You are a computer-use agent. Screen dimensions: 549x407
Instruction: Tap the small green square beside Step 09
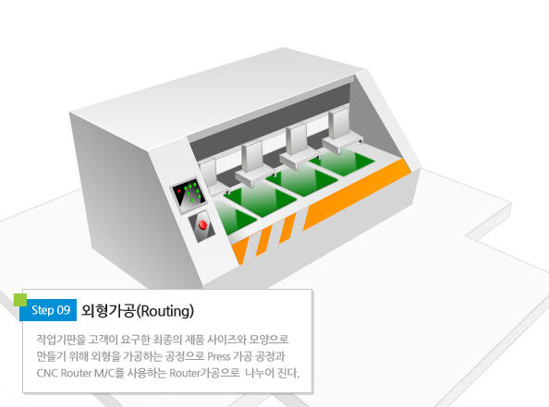pyautogui.click(x=20, y=300)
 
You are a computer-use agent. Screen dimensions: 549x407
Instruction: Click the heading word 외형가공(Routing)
pyautogui.click(x=137, y=310)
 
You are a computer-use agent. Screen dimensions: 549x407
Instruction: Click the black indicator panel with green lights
pyautogui.click(x=189, y=195)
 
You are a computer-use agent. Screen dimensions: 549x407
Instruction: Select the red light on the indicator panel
pyautogui.click(x=179, y=190)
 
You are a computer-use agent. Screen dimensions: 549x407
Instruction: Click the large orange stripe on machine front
pyautogui.click(x=357, y=195)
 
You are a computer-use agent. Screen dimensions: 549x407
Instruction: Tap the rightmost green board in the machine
pyautogui.click(x=342, y=163)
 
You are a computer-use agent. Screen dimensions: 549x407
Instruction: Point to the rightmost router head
pyautogui.click(x=342, y=131)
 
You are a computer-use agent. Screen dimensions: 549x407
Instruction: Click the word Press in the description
pyautogui.click(x=219, y=356)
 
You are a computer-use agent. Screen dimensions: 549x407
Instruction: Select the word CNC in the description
pyautogui.click(x=47, y=373)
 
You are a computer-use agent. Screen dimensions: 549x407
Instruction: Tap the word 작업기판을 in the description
pyautogui.click(x=61, y=340)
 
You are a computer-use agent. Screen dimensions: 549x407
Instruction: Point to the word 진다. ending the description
pyautogui.click(x=288, y=373)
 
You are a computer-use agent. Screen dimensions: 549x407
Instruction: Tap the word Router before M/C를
pyautogui.click(x=76, y=373)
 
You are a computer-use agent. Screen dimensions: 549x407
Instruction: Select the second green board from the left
pyautogui.click(x=261, y=200)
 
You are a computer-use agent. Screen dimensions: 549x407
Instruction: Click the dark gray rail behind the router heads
pyautogui.click(x=270, y=116)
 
